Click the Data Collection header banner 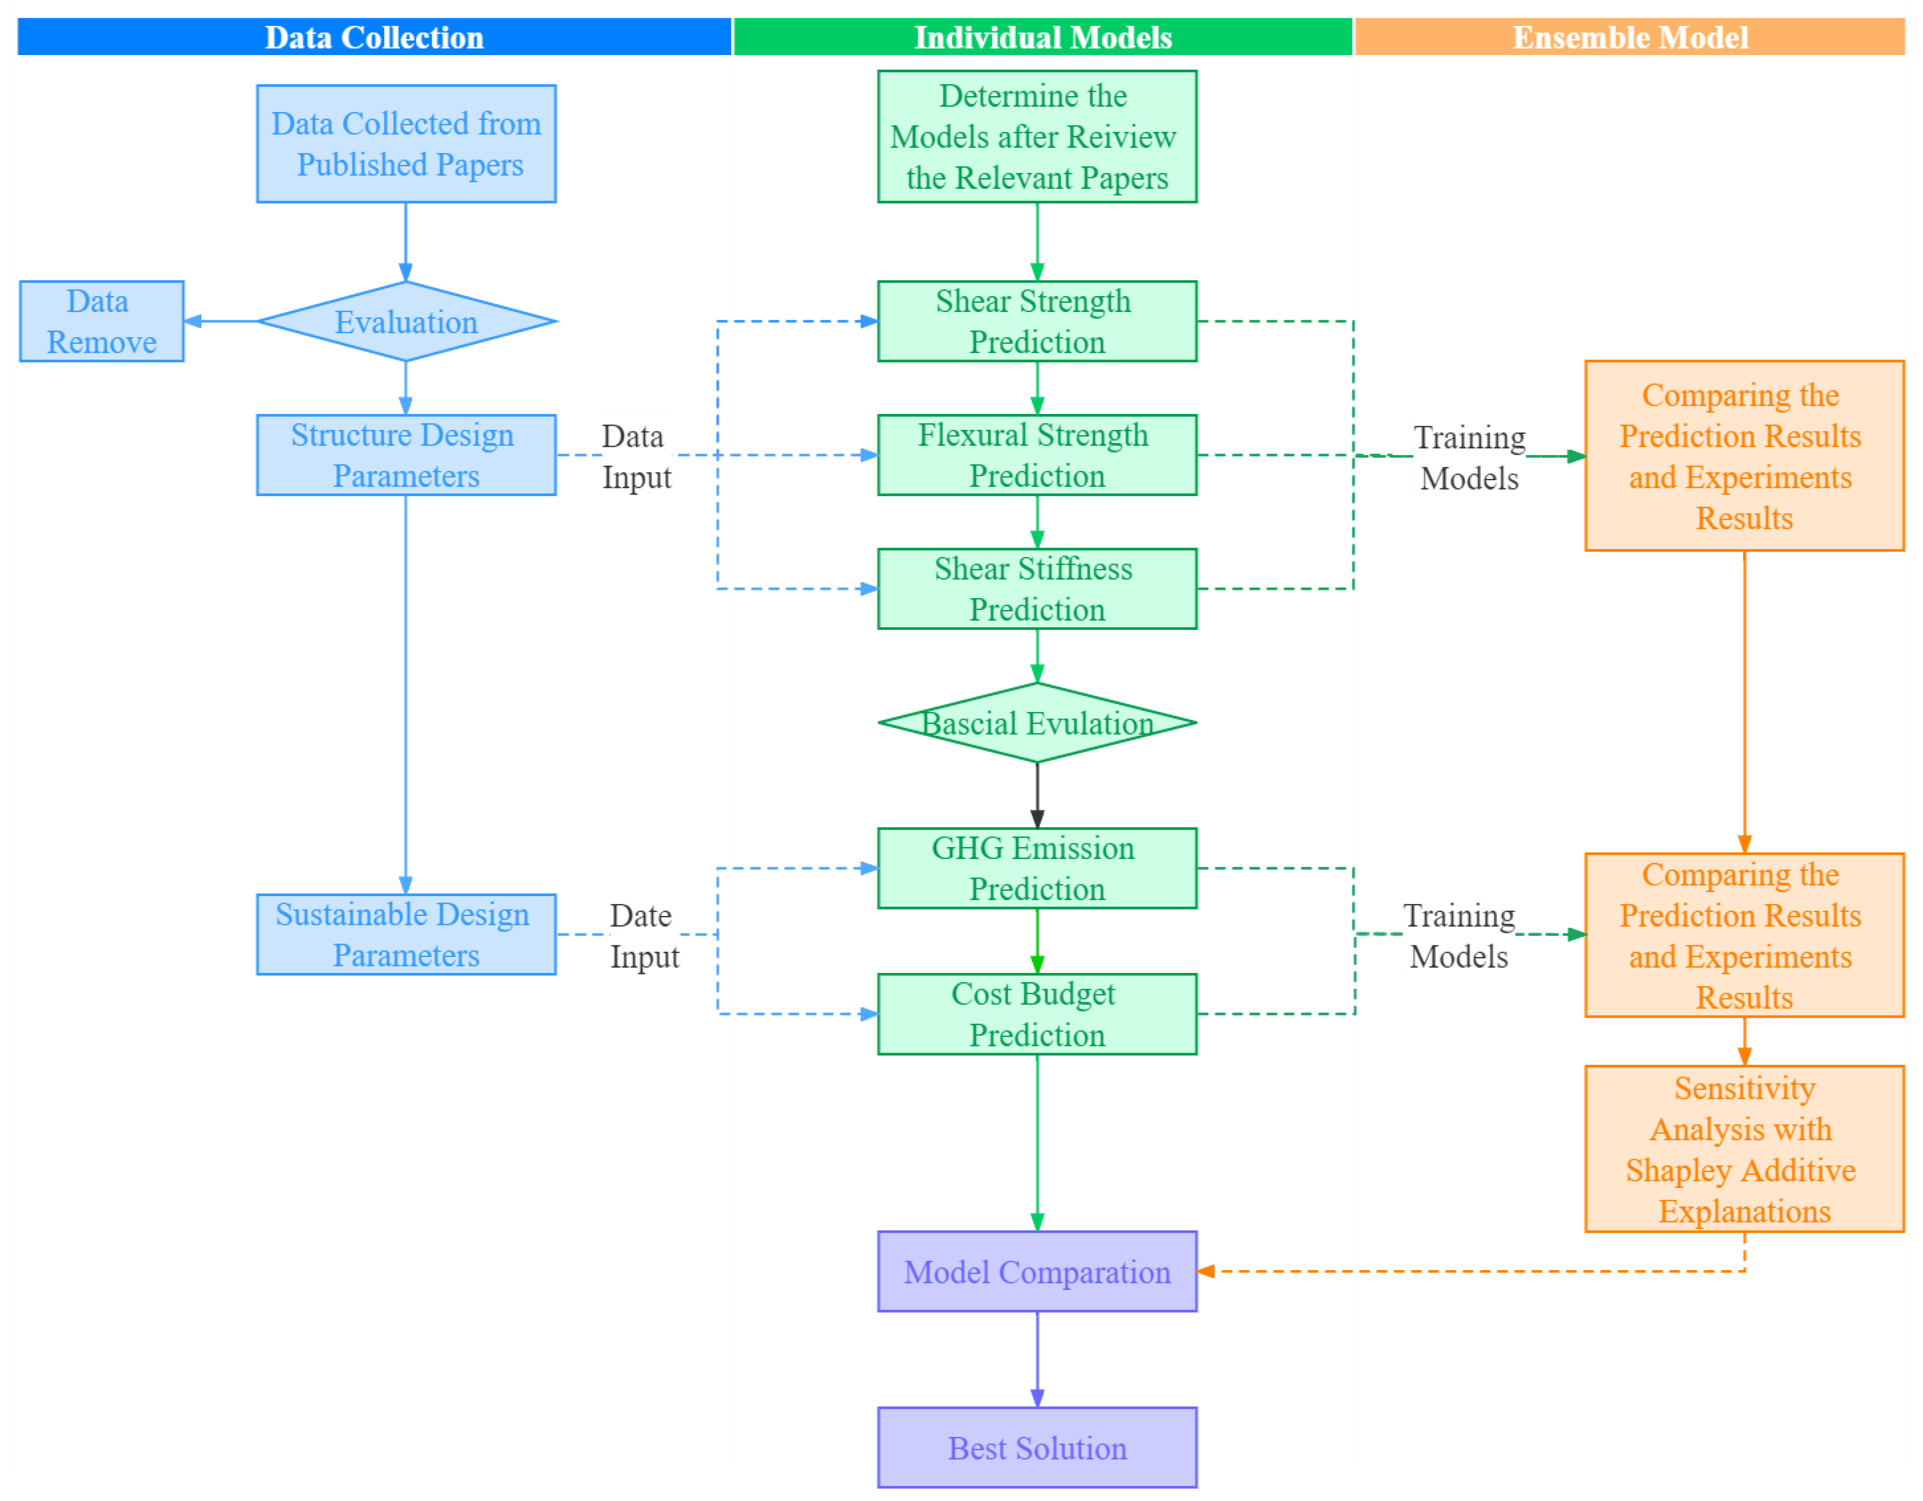[x=373, y=37]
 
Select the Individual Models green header [x=1043, y=37]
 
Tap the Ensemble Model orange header [x=1629, y=37]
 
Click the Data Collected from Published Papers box [x=406, y=143]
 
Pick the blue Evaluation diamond [x=406, y=321]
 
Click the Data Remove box [x=101, y=321]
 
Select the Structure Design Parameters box [x=406, y=455]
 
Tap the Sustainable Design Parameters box [x=406, y=934]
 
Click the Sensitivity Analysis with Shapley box [x=1743, y=1149]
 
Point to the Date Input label [x=644, y=936]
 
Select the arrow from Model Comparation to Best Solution [x=1037, y=1358]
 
